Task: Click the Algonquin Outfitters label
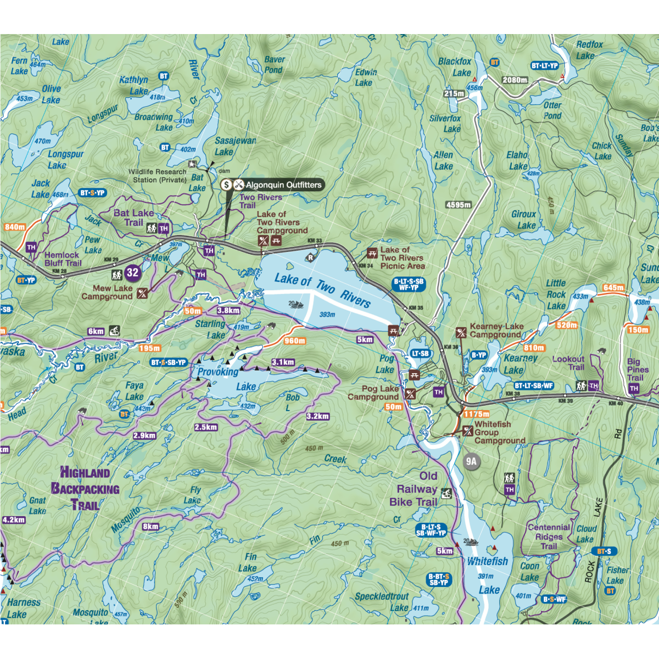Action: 283,185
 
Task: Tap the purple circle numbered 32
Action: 132,272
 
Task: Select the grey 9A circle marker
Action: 471,461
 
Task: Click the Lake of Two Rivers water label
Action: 322,289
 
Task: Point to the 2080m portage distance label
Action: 515,80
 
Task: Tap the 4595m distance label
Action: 458,205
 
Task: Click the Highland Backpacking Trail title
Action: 85,489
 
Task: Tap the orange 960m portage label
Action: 295,341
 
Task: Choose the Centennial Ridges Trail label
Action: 549,537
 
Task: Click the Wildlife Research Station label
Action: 158,176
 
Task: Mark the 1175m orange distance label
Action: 476,414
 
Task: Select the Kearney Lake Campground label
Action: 495,330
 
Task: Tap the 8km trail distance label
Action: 150,527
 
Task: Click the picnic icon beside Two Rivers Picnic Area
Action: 372,253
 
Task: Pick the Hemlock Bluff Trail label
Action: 63,259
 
